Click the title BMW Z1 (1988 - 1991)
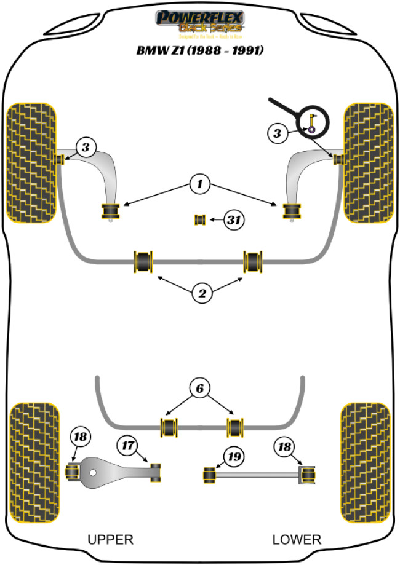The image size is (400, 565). tap(200, 51)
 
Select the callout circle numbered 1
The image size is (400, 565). tap(199, 183)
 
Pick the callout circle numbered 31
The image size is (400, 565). tap(233, 219)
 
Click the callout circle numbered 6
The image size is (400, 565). tap(200, 389)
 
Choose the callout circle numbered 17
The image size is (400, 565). tap(127, 445)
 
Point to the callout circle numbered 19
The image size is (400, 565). tap(234, 457)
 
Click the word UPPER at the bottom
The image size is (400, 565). tap(110, 539)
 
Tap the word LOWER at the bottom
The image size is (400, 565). tap(297, 539)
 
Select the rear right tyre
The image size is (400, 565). tap(366, 462)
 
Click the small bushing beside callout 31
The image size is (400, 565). tap(200, 219)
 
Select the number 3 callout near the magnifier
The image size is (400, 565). tap(278, 133)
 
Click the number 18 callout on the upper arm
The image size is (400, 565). tap(80, 438)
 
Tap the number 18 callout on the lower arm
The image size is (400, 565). tap(286, 446)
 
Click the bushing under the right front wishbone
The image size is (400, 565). tap(291, 210)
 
